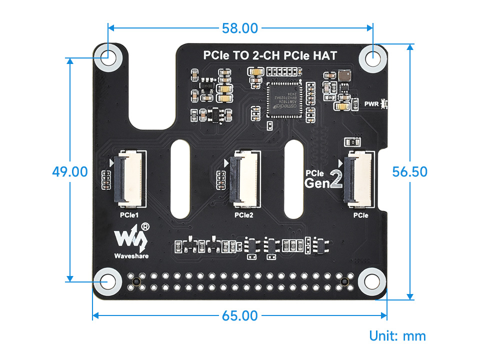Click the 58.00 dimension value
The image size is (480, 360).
click(x=239, y=28)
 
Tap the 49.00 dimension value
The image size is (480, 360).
click(x=70, y=171)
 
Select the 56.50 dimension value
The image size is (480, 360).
click(x=409, y=171)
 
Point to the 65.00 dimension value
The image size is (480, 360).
click(x=239, y=316)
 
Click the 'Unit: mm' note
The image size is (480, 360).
click(x=397, y=335)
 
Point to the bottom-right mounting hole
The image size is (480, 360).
click(x=370, y=281)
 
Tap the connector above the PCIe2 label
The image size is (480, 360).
click(x=243, y=178)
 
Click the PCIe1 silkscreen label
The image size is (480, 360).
click(x=129, y=215)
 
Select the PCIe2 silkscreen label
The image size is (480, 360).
click(x=243, y=215)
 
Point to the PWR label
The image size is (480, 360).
click(x=371, y=104)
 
